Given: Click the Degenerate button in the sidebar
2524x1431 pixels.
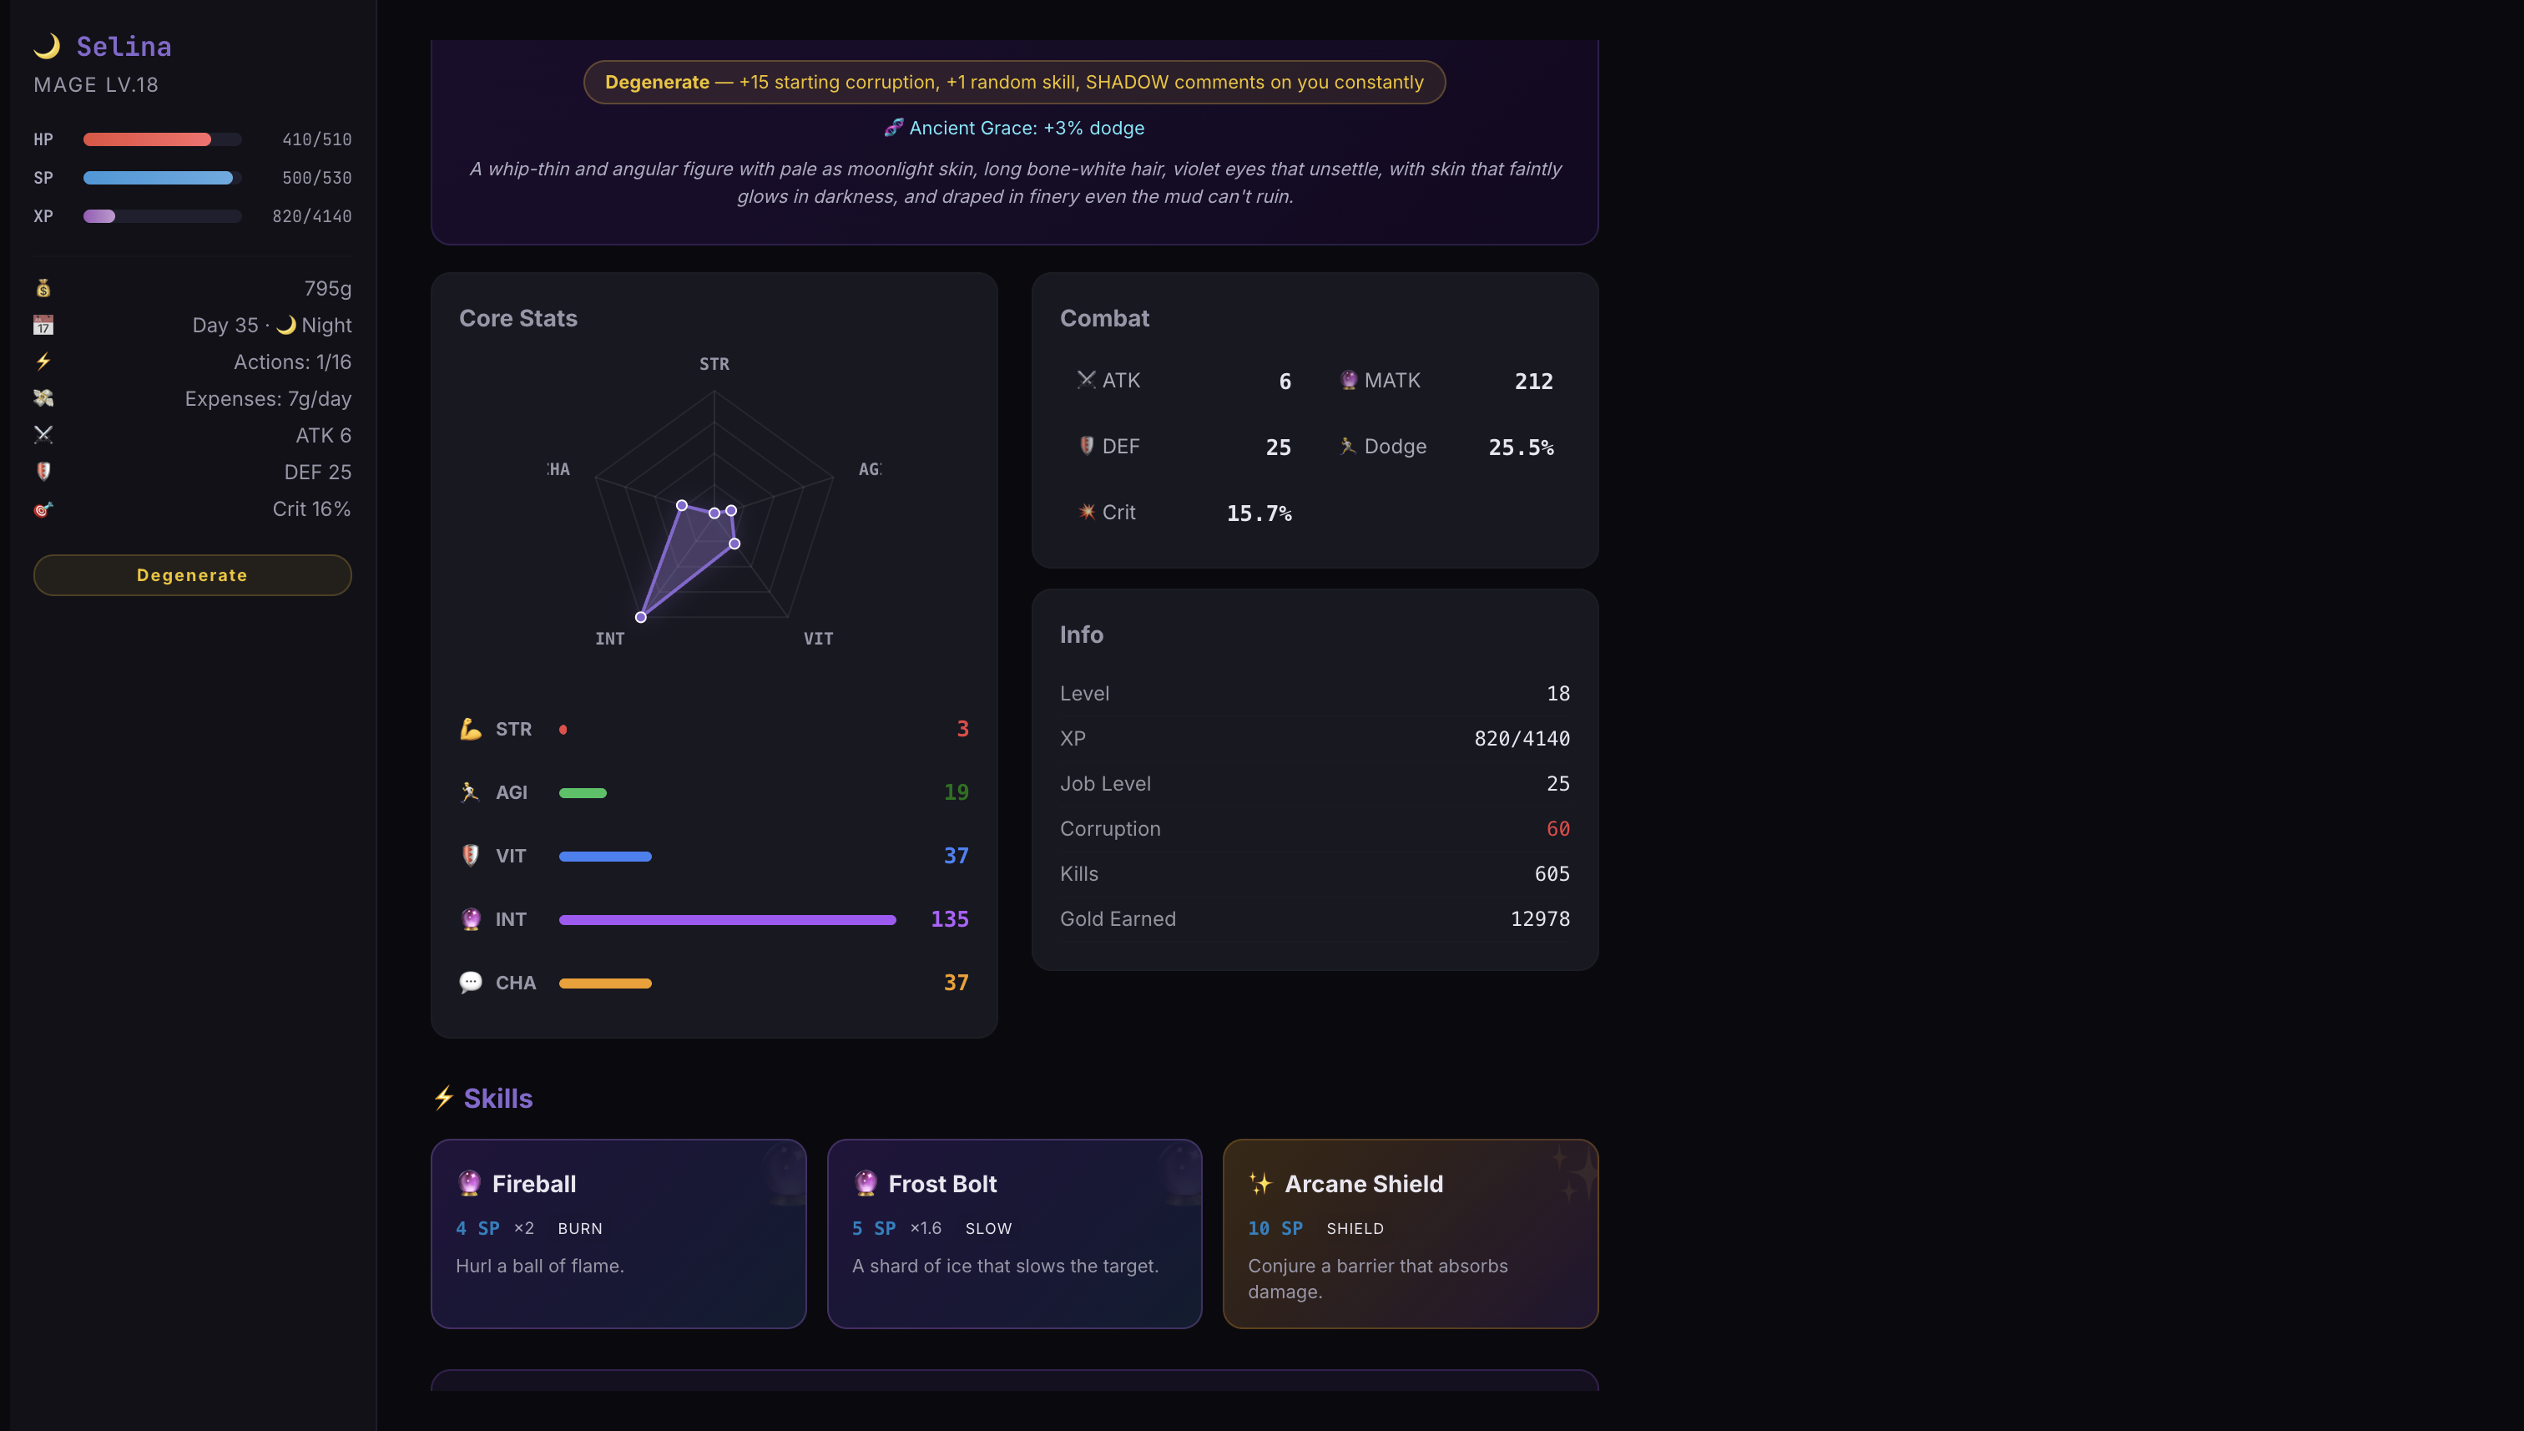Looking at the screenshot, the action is tap(192, 575).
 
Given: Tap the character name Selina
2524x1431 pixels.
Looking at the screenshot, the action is tap(124, 46).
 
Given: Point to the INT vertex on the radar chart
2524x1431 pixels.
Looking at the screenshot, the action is tap(640, 617).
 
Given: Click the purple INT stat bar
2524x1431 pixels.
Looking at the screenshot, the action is tap(727, 920).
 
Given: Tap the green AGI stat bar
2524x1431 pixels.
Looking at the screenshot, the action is tap(583, 793).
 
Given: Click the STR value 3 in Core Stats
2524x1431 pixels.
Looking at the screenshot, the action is tap(963, 728).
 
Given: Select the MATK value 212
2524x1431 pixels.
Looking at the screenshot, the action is tap(1533, 382).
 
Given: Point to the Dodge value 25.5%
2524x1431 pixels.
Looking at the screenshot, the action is tap(1521, 448).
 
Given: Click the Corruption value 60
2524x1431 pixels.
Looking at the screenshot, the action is tap(1558, 828).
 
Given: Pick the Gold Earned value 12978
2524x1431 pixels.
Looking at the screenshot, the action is tap(1540, 919).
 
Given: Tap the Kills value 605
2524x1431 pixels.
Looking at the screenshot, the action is tap(1552, 874).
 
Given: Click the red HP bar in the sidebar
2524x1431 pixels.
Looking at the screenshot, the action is tap(148, 139).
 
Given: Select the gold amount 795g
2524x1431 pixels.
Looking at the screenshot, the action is tap(327, 288).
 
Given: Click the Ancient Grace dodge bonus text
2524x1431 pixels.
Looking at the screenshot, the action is tap(1026, 128).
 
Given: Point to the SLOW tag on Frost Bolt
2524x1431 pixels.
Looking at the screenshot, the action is tap(988, 1228).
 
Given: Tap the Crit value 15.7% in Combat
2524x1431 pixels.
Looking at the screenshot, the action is tap(1259, 513).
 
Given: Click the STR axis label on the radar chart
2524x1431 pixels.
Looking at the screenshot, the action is tap(714, 364).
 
